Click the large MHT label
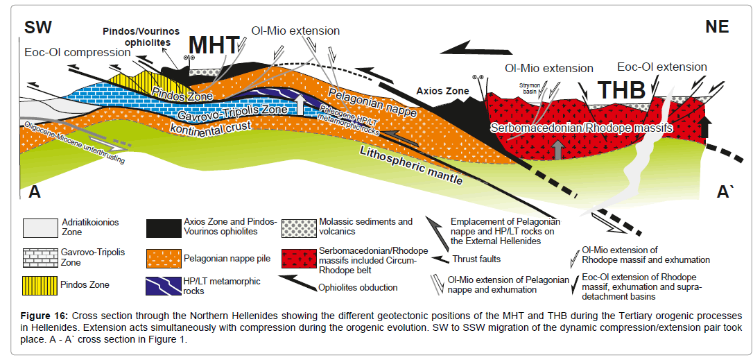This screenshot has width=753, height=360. (x=214, y=46)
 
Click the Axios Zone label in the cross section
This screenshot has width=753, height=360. (x=441, y=91)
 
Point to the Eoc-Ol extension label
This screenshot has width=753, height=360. (x=662, y=67)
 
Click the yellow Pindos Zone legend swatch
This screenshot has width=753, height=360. (x=43, y=284)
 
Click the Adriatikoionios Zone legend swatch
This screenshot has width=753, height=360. (x=43, y=227)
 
